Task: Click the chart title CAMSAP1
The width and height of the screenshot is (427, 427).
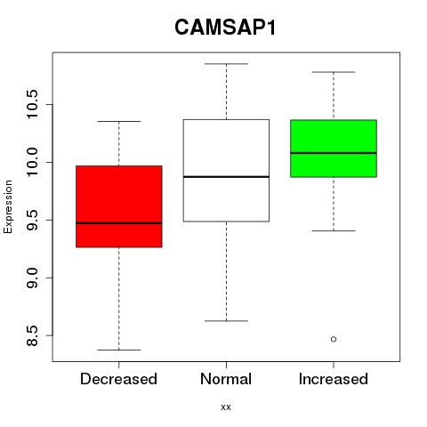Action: (225, 28)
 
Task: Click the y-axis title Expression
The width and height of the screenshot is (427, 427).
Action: (8, 206)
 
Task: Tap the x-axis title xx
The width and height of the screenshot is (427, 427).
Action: (226, 407)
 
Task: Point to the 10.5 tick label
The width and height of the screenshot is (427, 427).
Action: (31, 104)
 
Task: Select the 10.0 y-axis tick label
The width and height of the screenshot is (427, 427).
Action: (31, 162)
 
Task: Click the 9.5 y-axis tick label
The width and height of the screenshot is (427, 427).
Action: (31, 220)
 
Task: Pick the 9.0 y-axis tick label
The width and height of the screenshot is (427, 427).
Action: (31, 278)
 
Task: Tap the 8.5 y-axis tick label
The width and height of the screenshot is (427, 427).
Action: (31, 335)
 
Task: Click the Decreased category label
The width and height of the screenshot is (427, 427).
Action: (118, 379)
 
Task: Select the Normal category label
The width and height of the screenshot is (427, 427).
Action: (226, 379)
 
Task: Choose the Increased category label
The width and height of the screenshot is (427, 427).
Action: (334, 379)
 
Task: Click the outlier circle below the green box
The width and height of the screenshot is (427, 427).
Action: (334, 339)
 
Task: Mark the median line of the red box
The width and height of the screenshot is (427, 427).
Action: (119, 223)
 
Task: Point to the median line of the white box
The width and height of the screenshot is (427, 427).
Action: (226, 177)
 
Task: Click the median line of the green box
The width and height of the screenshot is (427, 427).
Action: (334, 153)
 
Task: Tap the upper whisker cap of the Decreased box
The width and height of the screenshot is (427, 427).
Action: (119, 121)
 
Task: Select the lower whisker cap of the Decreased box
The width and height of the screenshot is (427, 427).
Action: (119, 350)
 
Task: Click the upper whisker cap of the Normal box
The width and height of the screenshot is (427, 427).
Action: (226, 64)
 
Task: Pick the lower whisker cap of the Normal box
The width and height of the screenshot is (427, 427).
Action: (226, 321)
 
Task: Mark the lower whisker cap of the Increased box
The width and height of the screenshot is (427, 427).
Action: (334, 230)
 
